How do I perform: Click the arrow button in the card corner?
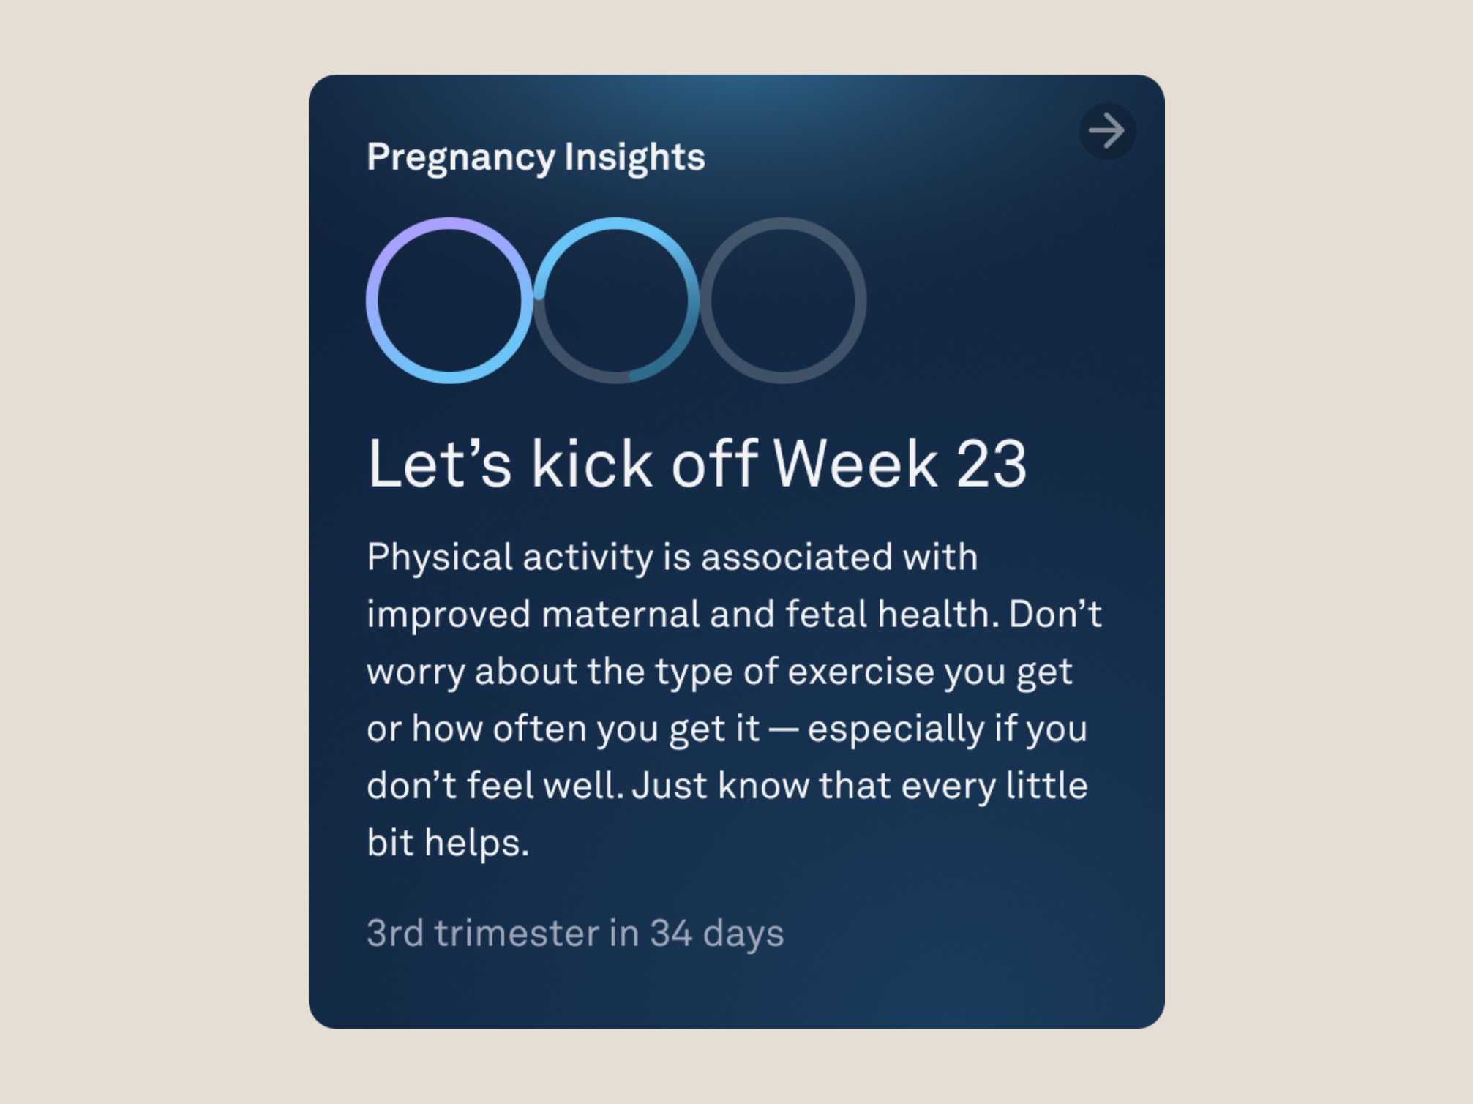point(1107,132)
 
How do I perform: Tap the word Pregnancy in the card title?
point(461,158)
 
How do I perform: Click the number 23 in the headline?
point(991,464)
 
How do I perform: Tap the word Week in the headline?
point(855,464)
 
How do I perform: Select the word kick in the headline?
point(591,464)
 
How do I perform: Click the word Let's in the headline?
point(439,464)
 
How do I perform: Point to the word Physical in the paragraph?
point(439,558)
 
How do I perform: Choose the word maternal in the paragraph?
point(621,614)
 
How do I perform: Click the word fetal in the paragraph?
point(826,614)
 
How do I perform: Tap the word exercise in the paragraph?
point(861,672)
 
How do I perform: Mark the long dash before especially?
point(783,729)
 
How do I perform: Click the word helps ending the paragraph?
point(476,843)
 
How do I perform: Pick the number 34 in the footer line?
point(671,934)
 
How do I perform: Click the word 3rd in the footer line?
point(395,934)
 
